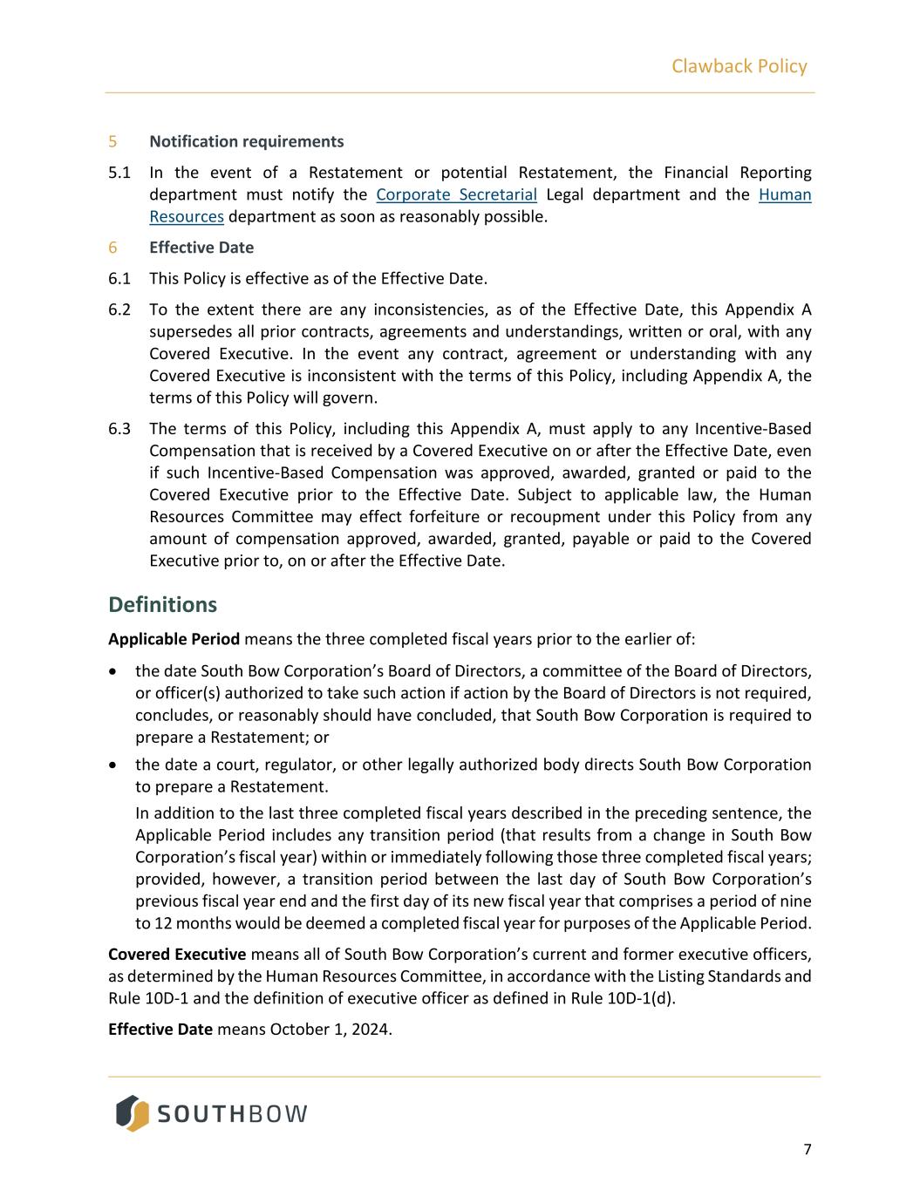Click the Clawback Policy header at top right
click(x=739, y=66)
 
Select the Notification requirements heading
click(x=246, y=141)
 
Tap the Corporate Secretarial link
click(x=456, y=194)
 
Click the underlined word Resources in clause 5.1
click(x=187, y=216)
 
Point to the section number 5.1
click(x=119, y=173)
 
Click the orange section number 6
click(x=112, y=248)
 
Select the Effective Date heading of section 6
click(x=201, y=248)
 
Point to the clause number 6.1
click(x=119, y=279)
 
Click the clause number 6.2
click(x=119, y=309)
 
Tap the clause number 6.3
click(x=119, y=429)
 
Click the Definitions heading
click(x=162, y=605)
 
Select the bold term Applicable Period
click(x=174, y=639)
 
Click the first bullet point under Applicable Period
click(x=113, y=672)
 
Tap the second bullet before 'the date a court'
click(x=113, y=765)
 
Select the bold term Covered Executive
click(x=177, y=955)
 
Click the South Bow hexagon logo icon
click(x=133, y=1113)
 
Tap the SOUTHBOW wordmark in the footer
click(x=232, y=1114)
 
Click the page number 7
click(x=807, y=1150)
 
